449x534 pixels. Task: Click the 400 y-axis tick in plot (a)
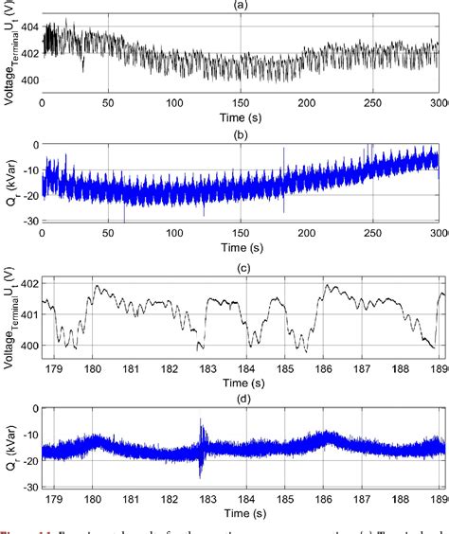[28, 80]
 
